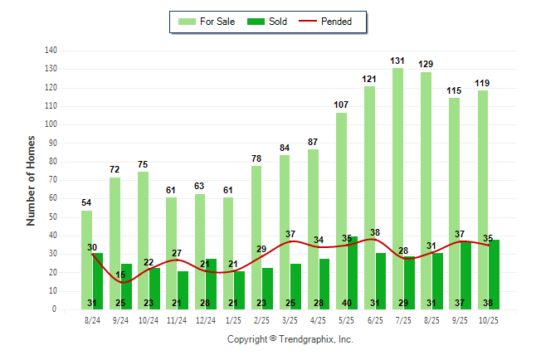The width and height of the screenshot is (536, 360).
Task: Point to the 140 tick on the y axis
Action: pyautogui.click(x=51, y=51)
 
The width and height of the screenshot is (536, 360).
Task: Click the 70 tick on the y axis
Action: pyautogui.click(x=52, y=180)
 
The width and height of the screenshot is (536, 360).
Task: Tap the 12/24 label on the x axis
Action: pyautogui.click(x=205, y=319)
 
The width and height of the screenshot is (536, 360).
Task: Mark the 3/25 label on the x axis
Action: pyautogui.click(x=290, y=319)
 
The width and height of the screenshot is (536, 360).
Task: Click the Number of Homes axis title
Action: pyautogui.click(x=32, y=180)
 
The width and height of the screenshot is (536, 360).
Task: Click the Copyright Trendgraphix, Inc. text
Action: pyautogui.click(x=290, y=339)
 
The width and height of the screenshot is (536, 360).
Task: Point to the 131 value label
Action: pyautogui.click(x=398, y=61)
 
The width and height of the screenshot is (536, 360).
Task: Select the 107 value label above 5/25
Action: pyautogui.click(x=341, y=105)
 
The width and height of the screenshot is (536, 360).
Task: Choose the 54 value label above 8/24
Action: pyautogui.click(x=86, y=202)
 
